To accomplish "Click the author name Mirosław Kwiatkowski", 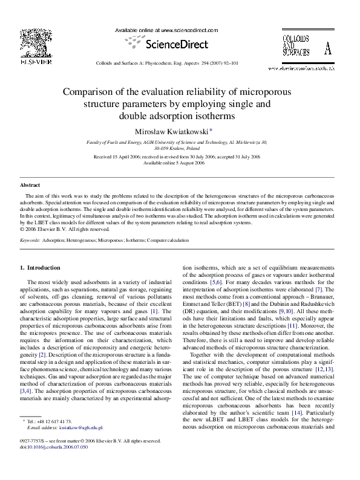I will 178,131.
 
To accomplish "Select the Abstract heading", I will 30,185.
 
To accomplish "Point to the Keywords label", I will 30,240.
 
